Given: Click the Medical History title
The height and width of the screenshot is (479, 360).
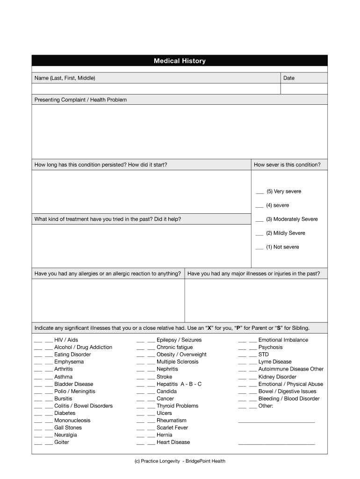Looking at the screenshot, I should (x=180, y=61).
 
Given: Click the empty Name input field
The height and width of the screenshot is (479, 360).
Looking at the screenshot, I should (x=156, y=89).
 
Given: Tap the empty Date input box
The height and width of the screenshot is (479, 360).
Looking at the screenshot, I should (x=304, y=89).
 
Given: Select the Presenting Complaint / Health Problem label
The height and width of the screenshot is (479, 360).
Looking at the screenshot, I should (x=80, y=100).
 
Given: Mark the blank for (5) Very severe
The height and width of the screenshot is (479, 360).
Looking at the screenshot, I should (x=259, y=192).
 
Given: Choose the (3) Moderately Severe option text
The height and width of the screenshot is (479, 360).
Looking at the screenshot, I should (x=292, y=219).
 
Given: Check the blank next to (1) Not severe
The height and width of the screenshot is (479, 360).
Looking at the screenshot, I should (x=259, y=247).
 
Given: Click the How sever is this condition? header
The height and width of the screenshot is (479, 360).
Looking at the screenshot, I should (x=287, y=165).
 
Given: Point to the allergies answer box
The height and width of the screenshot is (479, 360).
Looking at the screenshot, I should (x=108, y=300).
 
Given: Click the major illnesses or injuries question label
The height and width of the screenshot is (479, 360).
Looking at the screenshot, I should (x=254, y=274).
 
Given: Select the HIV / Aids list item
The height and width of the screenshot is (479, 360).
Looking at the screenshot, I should (x=66, y=340).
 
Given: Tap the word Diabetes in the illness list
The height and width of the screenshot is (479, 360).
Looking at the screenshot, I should (x=65, y=413).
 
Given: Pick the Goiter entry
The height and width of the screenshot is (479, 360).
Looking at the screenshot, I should (x=61, y=442).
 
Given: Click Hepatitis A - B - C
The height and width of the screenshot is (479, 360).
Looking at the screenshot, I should (x=179, y=384).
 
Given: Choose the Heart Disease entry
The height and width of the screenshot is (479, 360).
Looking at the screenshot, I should (x=173, y=442).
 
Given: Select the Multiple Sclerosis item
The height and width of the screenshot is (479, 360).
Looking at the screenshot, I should (x=177, y=362).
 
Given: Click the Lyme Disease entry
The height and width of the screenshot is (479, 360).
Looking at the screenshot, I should (x=275, y=362).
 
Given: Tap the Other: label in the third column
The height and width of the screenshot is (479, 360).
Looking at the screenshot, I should (x=266, y=406).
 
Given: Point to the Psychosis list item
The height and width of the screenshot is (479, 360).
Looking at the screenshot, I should (x=270, y=347).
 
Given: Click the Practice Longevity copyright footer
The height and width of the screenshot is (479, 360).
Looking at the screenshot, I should (x=180, y=461).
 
